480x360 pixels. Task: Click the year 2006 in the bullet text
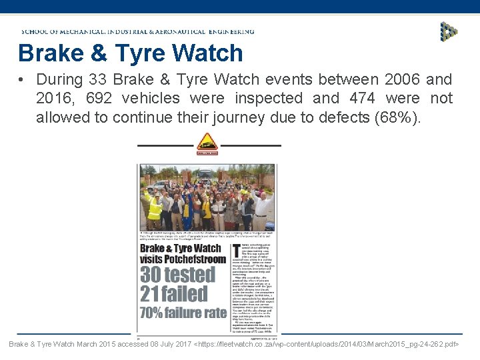click(x=402, y=79)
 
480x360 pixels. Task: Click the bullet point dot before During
click(x=22, y=80)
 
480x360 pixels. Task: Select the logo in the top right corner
click(x=449, y=31)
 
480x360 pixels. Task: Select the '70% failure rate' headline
click(x=183, y=312)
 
